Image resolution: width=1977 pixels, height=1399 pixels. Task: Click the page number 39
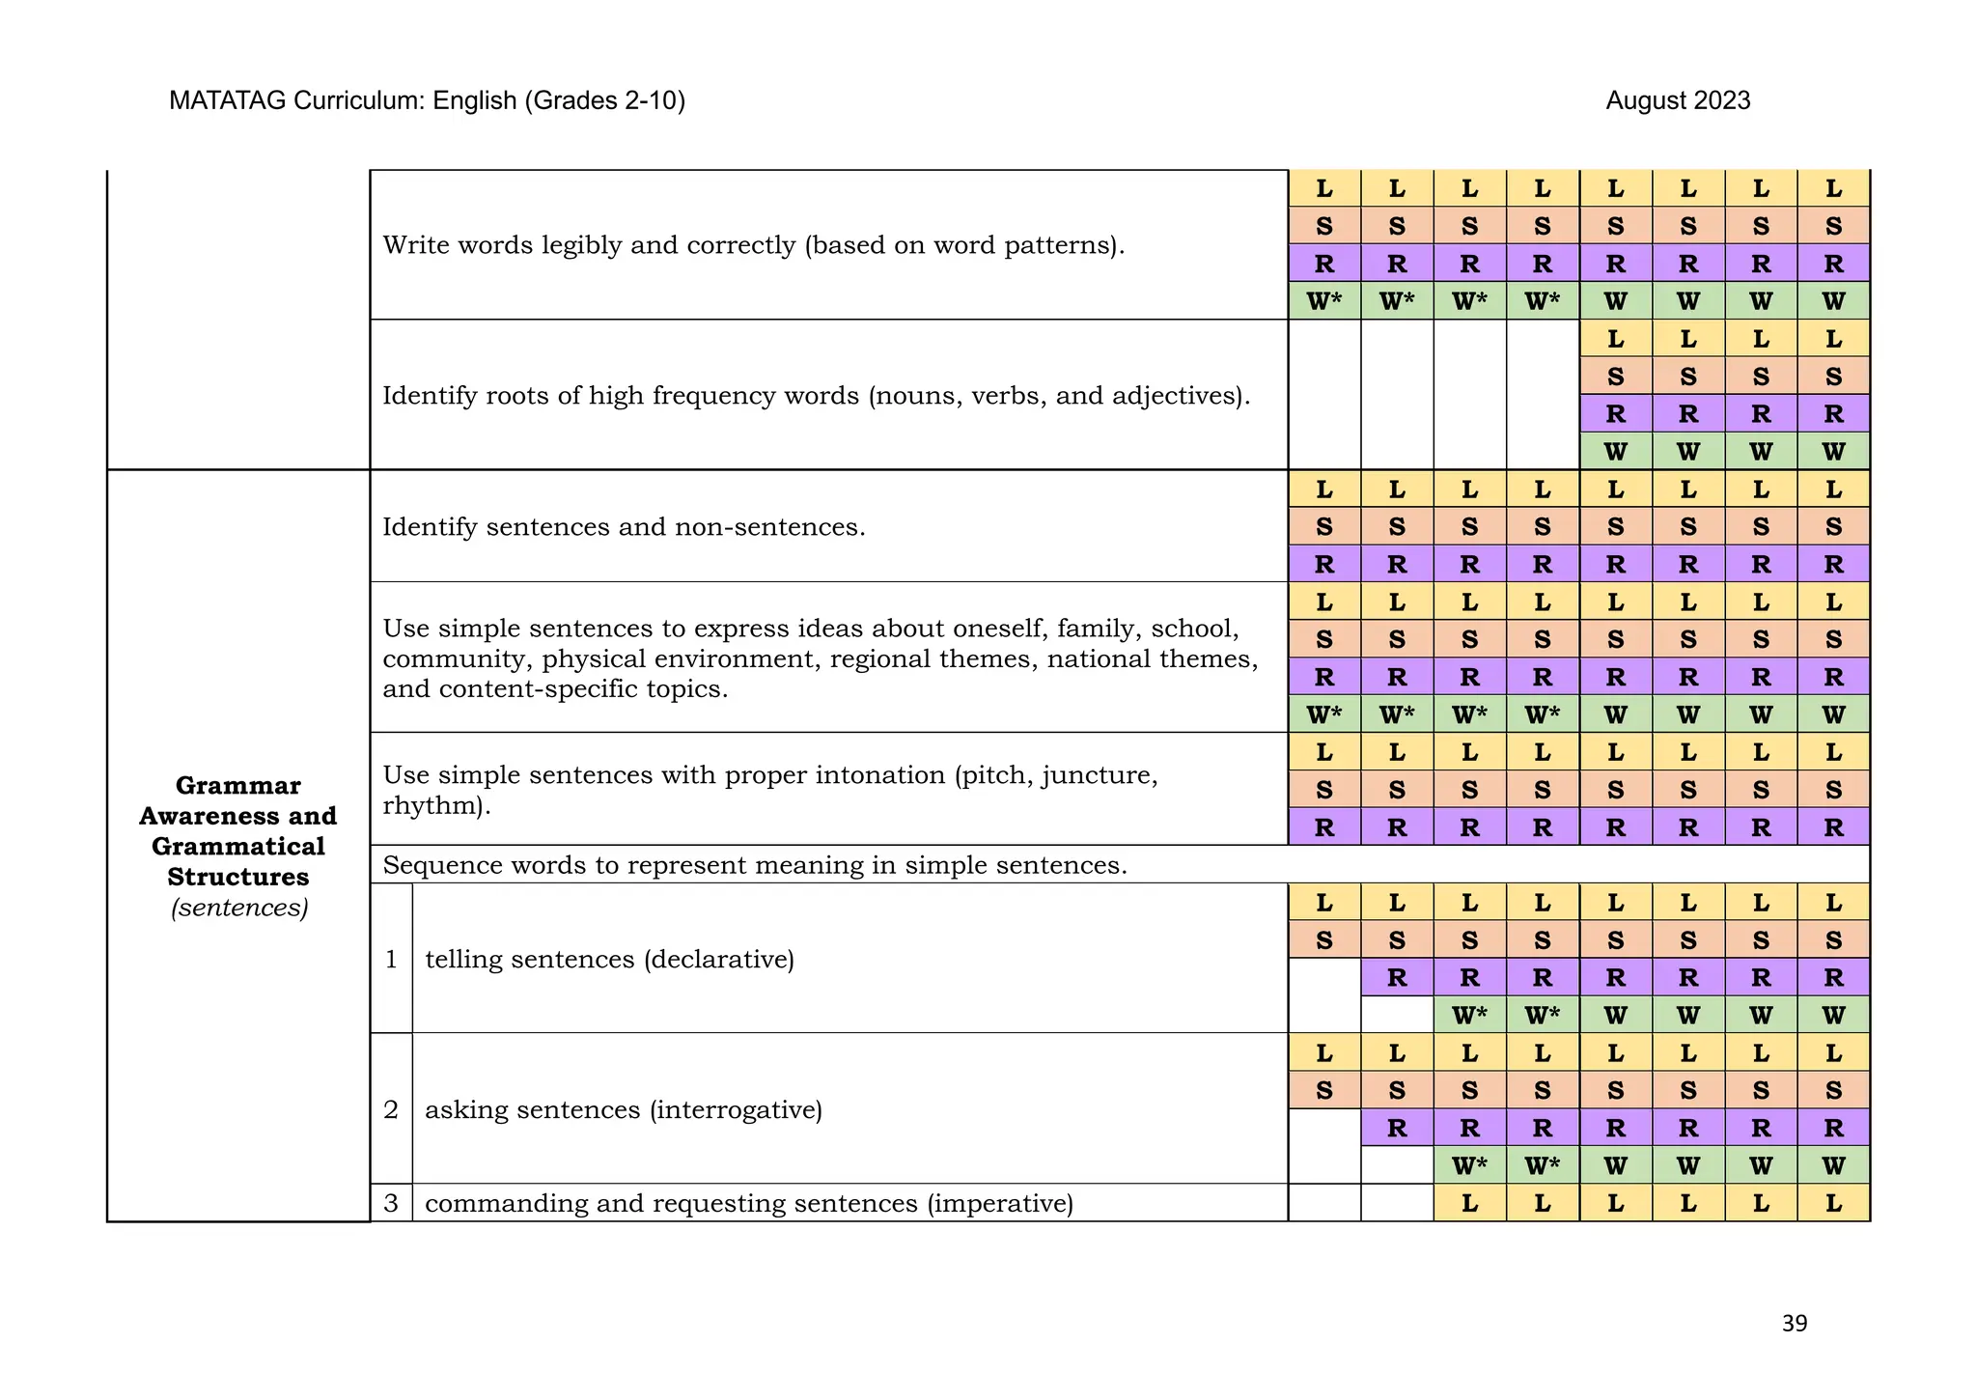[x=1794, y=1323]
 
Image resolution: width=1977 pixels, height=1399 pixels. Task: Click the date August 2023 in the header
[x=1678, y=100]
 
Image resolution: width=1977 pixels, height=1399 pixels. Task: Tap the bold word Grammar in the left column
[x=238, y=785]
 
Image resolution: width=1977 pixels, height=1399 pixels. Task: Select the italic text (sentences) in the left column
[x=239, y=908]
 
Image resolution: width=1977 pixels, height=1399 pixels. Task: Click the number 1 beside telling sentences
[x=391, y=959]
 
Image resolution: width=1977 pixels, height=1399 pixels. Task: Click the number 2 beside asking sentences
[x=391, y=1109]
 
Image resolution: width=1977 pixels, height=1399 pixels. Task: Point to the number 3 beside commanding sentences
[x=391, y=1203]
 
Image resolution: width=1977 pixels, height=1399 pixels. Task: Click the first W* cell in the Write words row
[x=1324, y=301]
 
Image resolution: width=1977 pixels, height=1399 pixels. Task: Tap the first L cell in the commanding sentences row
[x=1469, y=1203]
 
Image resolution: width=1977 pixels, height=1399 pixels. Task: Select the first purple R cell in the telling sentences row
[x=1397, y=978]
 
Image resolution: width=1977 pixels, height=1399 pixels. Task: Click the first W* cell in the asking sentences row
[x=1469, y=1165]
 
